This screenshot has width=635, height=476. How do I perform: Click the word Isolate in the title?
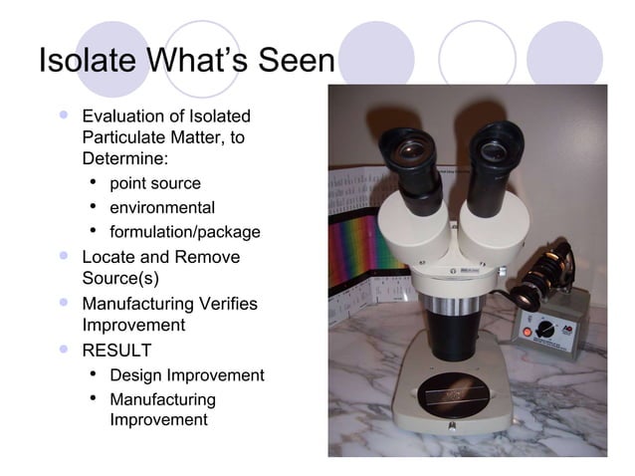tap(87, 61)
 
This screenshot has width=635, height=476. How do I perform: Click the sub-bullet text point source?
tap(154, 184)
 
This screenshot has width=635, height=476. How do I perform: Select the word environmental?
tap(161, 208)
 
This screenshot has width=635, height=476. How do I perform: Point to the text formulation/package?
tap(184, 232)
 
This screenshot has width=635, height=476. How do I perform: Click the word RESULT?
tap(116, 351)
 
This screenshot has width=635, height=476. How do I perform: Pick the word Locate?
tap(108, 257)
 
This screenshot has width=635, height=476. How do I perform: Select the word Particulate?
tap(124, 137)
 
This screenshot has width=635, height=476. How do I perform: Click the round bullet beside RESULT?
tap(65, 350)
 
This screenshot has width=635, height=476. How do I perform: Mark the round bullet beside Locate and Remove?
tap(65, 256)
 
